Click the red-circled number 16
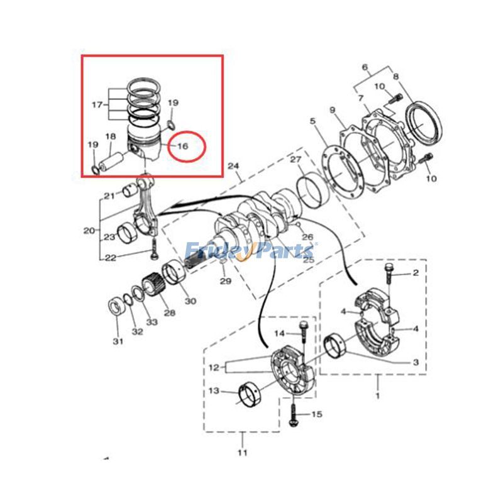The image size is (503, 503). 182,146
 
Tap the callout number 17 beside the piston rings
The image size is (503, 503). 97,104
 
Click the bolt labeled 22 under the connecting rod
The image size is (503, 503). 153,249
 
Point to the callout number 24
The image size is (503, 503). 233,166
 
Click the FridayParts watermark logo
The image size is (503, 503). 250,251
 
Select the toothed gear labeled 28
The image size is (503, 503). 153,284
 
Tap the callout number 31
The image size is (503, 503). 118,341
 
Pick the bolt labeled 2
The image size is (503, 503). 389,274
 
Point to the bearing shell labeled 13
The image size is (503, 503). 250,394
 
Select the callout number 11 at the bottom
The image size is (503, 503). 243,453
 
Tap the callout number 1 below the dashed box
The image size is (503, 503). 378,395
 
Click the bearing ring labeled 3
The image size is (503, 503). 335,346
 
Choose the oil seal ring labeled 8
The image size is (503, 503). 424,123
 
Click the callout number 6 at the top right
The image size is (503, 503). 365,68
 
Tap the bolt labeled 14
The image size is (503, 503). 304,333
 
